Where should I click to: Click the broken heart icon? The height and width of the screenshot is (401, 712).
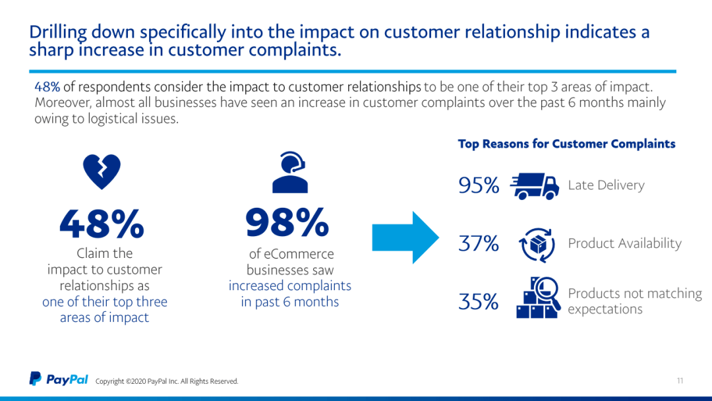[102, 171]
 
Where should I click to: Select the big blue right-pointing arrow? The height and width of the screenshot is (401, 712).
[405, 237]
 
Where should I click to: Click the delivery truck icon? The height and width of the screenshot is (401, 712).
[534, 186]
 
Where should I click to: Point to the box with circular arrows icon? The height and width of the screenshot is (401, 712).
[533, 244]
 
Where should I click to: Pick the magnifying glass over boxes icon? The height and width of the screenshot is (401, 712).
[539, 297]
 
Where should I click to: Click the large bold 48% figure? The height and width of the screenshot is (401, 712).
[102, 224]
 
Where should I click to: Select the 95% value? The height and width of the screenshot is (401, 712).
[479, 186]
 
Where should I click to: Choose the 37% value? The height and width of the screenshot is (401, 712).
[479, 244]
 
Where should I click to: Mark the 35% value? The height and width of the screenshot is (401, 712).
[479, 301]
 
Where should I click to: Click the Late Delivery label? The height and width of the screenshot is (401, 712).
[606, 185]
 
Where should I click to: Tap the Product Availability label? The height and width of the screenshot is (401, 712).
[624, 243]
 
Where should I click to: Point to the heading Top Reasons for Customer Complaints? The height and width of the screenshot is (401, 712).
[566, 144]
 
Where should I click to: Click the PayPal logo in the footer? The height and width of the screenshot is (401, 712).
[59, 379]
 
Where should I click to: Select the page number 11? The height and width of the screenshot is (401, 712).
[680, 381]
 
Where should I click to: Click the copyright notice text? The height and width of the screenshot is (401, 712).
[167, 381]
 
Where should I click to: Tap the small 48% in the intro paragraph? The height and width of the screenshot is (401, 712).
[47, 87]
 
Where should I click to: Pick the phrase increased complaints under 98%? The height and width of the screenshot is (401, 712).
[289, 286]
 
